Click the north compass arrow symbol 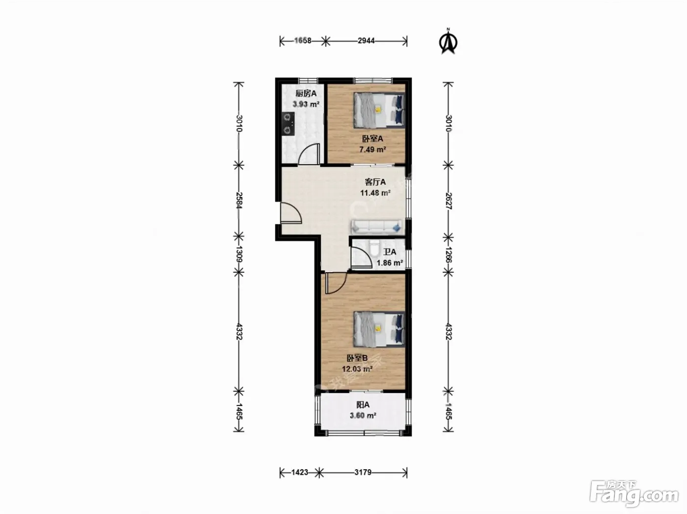tap(448, 41)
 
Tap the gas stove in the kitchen tap(69, 124)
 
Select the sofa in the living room tap(376, 227)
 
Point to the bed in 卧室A tap(379, 111)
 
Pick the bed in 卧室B tap(379, 329)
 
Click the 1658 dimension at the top tap(303, 41)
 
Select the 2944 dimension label tap(366, 41)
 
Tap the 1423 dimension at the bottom tap(299, 472)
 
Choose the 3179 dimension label tap(363, 472)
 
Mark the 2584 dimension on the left tap(239, 200)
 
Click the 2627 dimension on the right tap(448, 201)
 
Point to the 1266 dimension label tap(448, 255)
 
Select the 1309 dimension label tap(239, 254)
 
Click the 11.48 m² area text tap(375, 193)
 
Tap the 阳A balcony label tap(363, 405)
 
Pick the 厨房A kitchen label tap(306, 93)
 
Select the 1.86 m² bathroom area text tap(390, 262)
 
